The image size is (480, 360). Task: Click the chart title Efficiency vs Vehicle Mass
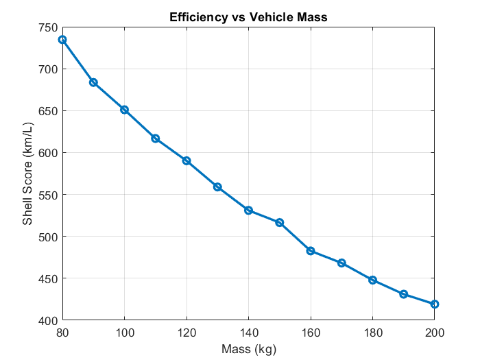point(248,18)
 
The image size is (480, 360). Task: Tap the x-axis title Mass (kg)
point(248,349)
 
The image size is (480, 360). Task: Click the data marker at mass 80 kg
point(62,40)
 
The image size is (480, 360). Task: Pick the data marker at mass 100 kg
point(124,110)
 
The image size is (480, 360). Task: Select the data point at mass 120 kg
point(187,160)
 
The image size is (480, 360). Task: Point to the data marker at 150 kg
point(280,223)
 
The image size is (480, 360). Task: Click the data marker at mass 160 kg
point(311,251)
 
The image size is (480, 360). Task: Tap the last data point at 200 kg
point(434,304)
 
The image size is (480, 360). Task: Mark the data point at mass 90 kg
point(93,82)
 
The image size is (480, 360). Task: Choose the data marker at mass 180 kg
point(372,280)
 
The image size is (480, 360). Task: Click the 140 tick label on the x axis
point(248,333)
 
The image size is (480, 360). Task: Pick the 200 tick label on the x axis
point(434,333)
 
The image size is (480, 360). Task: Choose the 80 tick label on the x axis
point(62,333)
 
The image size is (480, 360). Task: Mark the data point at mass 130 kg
point(217,187)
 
